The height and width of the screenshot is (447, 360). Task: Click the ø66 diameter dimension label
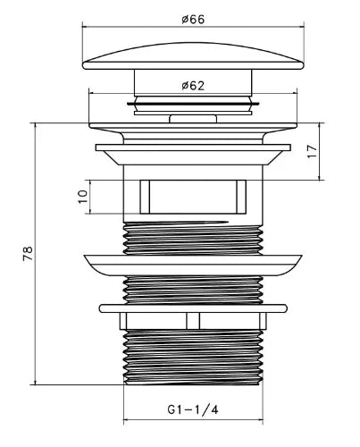point(193,20)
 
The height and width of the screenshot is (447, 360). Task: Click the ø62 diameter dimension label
point(193,86)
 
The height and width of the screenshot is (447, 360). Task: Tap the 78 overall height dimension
point(28,253)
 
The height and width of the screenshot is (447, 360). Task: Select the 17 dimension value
point(313,152)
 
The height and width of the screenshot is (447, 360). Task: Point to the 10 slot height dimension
point(82,197)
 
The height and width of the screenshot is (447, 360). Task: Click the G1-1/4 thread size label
point(193,409)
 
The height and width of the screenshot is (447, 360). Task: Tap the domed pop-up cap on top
point(193,56)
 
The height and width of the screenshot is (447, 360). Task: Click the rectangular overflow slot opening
point(193,197)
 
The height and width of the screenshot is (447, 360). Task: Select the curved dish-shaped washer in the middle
point(193,265)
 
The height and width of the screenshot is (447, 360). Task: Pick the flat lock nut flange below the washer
point(193,308)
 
